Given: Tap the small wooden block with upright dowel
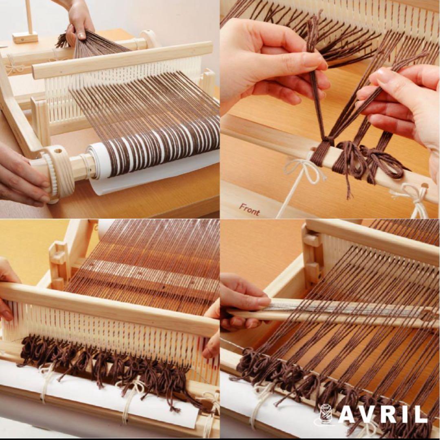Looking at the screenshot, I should click(x=25, y=37).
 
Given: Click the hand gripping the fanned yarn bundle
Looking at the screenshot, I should click(x=79, y=22).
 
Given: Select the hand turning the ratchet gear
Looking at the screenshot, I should click(x=20, y=175).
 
